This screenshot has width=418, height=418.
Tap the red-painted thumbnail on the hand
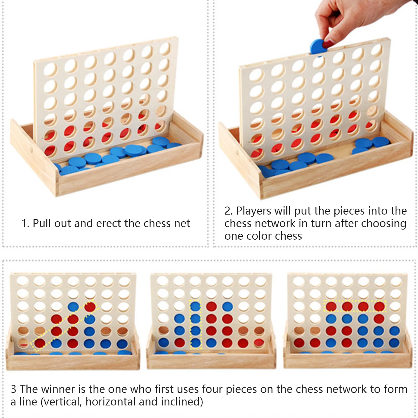tap(328, 44)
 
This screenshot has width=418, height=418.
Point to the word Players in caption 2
tap(254, 211)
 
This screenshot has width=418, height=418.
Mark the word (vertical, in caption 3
tap(61, 402)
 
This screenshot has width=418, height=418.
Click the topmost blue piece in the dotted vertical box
tap(195, 307)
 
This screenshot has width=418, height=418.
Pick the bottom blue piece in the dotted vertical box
tap(196, 343)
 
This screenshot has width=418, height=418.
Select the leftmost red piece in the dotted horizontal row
tap(331, 307)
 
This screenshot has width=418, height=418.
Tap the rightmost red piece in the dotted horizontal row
tap(379, 307)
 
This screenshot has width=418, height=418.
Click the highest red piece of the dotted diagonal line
tap(90, 307)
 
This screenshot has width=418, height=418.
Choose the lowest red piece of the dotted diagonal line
tap(40, 343)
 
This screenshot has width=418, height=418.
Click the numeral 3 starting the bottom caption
tap(14, 389)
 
